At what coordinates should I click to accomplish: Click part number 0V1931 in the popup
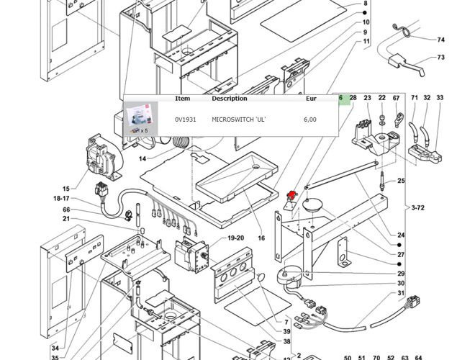coord(185,120)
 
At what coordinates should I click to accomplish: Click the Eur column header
coord(311,99)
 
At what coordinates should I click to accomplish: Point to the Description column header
coord(229,99)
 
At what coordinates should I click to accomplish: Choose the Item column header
coord(183,99)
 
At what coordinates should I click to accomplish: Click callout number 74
coord(441,40)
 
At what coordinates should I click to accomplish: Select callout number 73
coord(441,57)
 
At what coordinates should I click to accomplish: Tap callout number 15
coord(65,189)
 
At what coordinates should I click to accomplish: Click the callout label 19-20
coord(236,238)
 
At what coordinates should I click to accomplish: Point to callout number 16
coord(261,238)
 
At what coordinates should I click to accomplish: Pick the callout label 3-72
coord(418,207)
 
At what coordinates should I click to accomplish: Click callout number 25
coord(401,180)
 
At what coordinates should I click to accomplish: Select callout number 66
coord(65,210)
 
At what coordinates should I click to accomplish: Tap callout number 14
coord(142,158)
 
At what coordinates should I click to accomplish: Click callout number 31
coord(401,293)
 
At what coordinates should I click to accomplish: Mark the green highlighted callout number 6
coord(340,98)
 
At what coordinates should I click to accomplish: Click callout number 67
coord(395,98)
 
